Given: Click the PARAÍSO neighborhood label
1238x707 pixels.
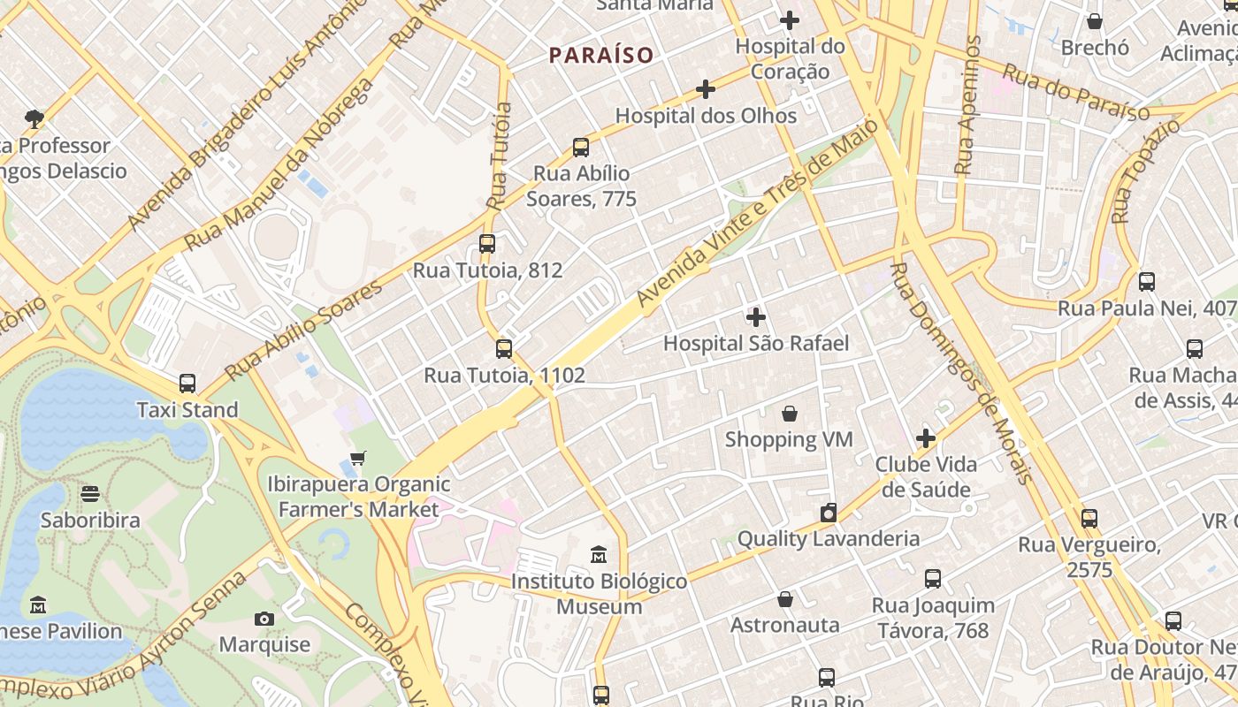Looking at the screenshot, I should pyautogui.click(x=601, y=55).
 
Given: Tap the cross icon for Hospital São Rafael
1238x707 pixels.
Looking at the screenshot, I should pyautogui.click(x=756, y=317).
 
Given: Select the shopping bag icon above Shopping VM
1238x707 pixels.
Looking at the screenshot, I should pyautogui.click(x=790, y=414).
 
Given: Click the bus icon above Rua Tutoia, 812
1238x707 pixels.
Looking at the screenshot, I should pyautogui.click(x=487, y=244).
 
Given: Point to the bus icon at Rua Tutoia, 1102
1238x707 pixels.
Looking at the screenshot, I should pyautogui.click(x=504, y=349).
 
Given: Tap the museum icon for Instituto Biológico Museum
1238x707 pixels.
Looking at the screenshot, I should pyautogui.click(x=599, y=556).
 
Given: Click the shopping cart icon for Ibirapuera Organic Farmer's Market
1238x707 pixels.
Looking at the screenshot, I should pyautogui.click(x=358, y=459).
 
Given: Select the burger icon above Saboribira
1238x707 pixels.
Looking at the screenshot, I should pyautogui.click(x=90, y=494).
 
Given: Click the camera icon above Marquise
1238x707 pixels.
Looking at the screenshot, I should pyautogui.click(x=264, y=619).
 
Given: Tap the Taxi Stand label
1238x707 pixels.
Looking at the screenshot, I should pyautogui.click(x=187, y=410).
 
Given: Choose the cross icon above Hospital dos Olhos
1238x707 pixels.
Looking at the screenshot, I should pyautogui.click(x=706, y=89).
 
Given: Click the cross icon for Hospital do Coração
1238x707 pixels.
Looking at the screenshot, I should pyautogui.click(x=790, y=20).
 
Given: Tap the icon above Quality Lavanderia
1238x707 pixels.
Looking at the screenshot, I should pyautogui.click(x=829, y=513).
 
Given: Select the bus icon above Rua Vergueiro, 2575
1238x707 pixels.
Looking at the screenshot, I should pyautogui.click(x=1089, y=519).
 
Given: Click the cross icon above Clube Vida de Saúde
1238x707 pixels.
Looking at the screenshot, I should pyautogui.click(x=926, y=438).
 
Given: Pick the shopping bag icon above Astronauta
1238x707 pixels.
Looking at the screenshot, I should pyautogui.click(x=785, y=599).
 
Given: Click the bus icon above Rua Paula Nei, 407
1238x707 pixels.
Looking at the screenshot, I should pyautogui.click(x=1147, y=282).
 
